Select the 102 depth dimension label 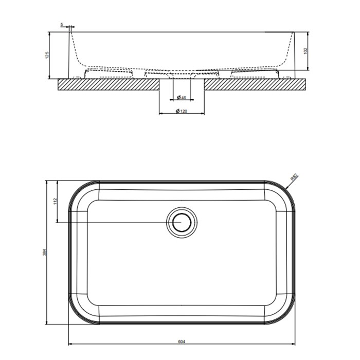[305, 51]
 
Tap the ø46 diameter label [181, 97]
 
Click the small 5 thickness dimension [62, 24]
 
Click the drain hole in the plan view [182, 222]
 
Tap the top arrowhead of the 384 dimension [47, 183]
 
